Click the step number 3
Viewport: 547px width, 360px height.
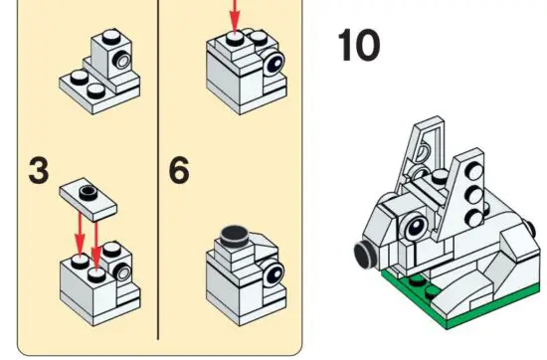[38, 170]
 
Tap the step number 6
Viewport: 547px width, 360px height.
[179, 170]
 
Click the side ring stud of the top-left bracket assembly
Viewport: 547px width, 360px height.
[119, 63]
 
